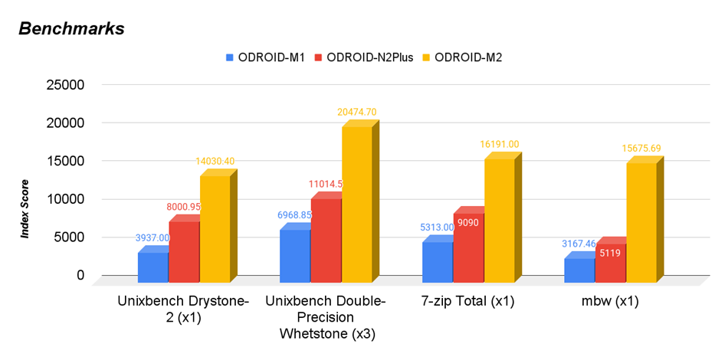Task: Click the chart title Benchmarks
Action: tap(71, 29)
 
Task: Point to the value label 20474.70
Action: tap(356, 113)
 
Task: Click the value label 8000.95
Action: tap(185, 207)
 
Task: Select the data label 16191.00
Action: tap(499, 144)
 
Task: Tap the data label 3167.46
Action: tap(579, 244)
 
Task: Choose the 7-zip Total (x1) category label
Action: tap(467, 301)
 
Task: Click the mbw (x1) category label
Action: tap(610, 301)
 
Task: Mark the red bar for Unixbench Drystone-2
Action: tap(184, 248)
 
